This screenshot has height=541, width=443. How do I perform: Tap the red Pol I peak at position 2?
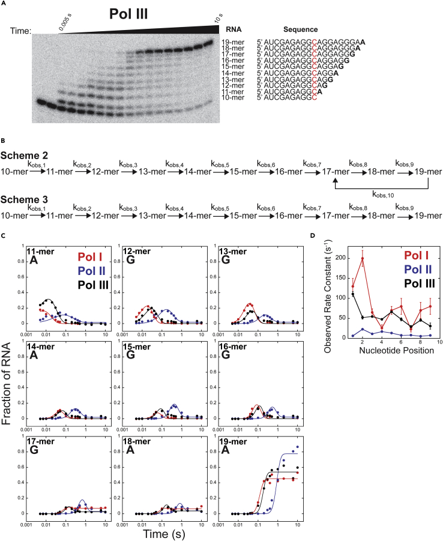point(363,259)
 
